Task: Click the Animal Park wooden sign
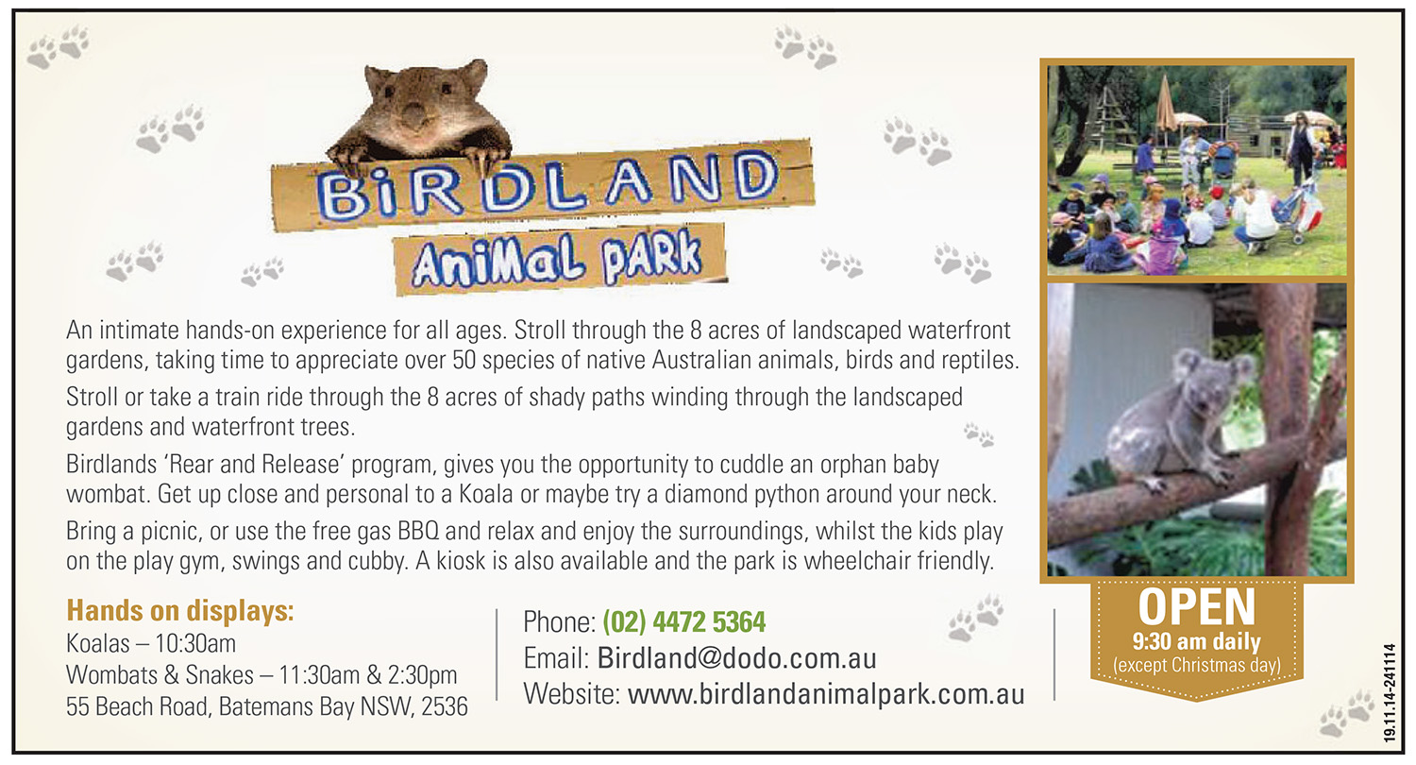(x=559, y=259)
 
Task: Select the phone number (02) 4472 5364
(x=684, y=622)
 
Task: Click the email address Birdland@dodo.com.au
(x=737, y=658)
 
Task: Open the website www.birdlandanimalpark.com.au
(x=826, y=694)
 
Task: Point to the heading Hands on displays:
(x=180, y=611)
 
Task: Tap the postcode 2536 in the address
(x=445, y=706)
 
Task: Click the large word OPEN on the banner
(x=1197, y=607)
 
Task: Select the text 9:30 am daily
(x=1197, y=641)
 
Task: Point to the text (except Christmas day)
(x=1197, y=665)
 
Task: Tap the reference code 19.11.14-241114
(x=1390, y=693)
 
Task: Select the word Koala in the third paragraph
(x=485, y=494)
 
